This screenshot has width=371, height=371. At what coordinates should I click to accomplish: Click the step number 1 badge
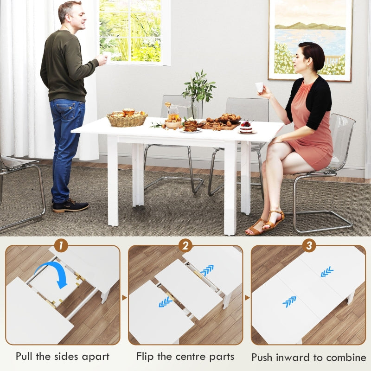[61, 245]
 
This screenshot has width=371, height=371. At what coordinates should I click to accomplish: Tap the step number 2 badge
[185, 245]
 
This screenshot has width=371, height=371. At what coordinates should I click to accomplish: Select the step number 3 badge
[308, 245]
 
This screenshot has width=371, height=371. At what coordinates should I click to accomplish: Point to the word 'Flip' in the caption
[146, 356]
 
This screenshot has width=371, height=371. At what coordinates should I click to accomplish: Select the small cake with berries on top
[246, 127]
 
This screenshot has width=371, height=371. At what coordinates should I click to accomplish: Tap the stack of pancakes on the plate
[190, 125]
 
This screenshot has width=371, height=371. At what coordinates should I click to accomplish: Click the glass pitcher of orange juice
[173, 112]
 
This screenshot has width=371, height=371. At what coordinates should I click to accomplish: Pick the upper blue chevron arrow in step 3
[327, 272]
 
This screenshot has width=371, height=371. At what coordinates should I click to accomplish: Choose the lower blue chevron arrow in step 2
[165, 302]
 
